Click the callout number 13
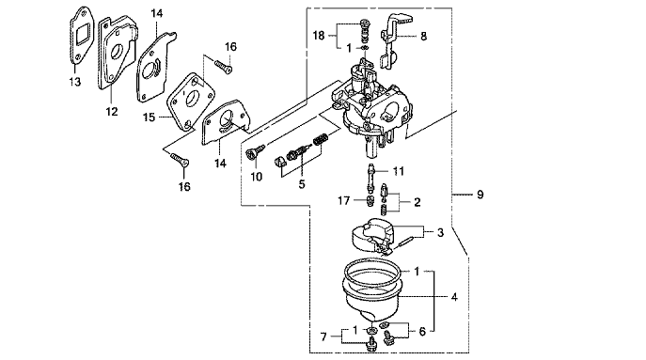point(75,82)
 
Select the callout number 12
point(112,112)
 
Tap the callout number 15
point(150,117)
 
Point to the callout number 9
point(480,194)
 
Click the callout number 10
point(257,177)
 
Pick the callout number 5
point(302,183)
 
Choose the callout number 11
point(399,170)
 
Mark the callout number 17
point(344,200)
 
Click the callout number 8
point(423,37)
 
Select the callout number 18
point(319,36)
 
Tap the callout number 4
point(454,297)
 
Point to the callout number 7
point(323,337)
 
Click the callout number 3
point(440,232)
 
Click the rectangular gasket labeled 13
point(83,36)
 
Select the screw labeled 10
point(251,153)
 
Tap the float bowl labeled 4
point(372,291)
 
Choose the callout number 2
point(418,202)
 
